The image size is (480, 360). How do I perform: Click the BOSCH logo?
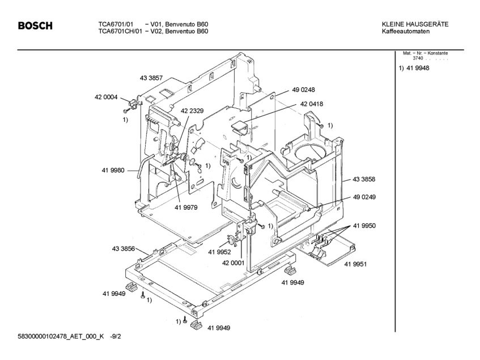35,26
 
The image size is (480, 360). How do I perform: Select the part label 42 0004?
106,97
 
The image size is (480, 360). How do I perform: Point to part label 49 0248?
303,90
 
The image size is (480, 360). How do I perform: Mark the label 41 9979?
186,207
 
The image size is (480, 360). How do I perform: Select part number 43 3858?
364,179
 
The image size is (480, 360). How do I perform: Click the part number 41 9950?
364,225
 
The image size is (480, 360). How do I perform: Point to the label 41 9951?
356,264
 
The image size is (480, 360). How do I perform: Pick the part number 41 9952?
219,252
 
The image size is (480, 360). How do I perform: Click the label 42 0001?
233,263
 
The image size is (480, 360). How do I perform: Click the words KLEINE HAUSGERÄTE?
415,24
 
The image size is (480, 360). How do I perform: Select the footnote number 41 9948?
418,68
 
